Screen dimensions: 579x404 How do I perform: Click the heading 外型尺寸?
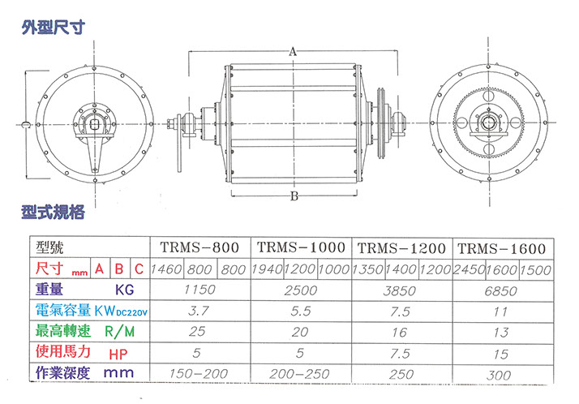tap(54, 27)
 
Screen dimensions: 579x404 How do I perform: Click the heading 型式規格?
tap(54, 212)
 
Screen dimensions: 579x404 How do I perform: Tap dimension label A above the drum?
tap(293, 52)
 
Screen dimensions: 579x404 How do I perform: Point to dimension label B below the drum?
tap(294, 196)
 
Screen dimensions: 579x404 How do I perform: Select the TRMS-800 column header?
tap(199, 247)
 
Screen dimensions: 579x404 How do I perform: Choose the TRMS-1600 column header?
tap(502, 248)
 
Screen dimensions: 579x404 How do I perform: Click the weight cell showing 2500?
tap(301, 290)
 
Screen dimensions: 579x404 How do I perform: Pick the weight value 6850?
tap(500, 291)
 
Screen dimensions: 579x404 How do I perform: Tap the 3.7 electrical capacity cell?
tap(199, 311)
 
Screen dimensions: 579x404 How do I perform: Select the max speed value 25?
tap(197, 331)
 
